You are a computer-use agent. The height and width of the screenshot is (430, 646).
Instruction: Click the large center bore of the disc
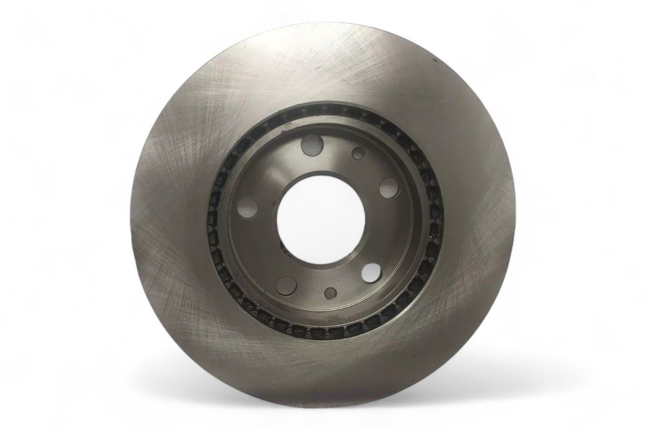(321, 218)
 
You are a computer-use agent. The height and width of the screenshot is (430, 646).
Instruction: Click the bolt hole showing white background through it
(371, 273)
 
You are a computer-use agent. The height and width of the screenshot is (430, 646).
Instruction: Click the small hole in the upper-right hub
(359, 153)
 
